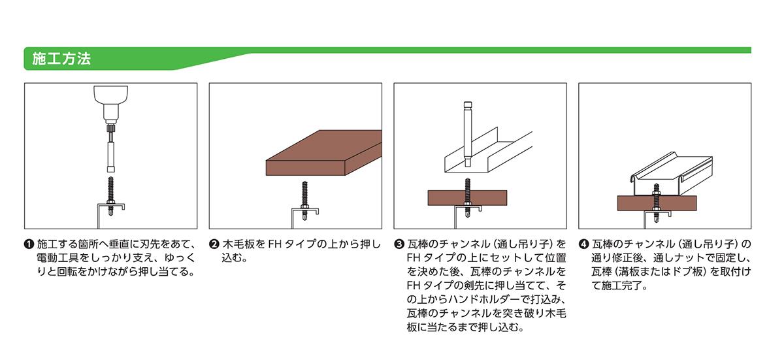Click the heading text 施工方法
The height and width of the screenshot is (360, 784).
tap(61, 59)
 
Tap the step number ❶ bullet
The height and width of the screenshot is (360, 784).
tap(29, 244)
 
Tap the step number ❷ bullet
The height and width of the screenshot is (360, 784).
tap(214, 244)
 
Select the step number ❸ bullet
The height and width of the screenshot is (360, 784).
tap(399, 244)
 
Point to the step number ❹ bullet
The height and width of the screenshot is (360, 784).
tap(583, 244)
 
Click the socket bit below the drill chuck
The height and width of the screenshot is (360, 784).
tap(110, 157)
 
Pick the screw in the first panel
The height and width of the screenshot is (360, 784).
tap(110, 196)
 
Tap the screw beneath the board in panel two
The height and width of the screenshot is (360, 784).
tap(304, 201)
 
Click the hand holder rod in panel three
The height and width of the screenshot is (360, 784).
tap(468, 135)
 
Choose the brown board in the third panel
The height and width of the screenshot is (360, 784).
tap(467, 198)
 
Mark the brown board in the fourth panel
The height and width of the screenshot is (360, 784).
tap(657, 203)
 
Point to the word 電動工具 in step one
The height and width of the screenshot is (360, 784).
tap(57, 258)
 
